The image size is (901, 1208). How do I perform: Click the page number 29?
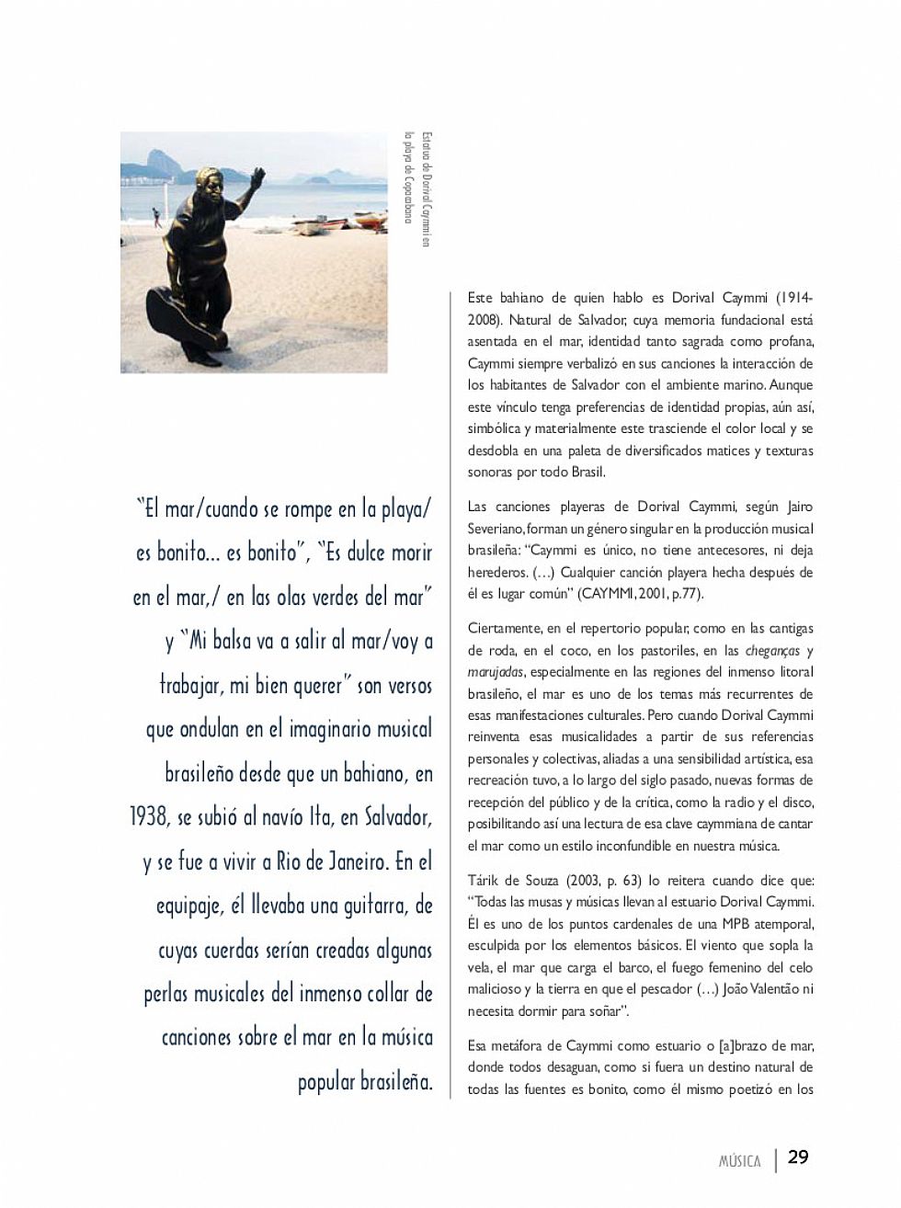pyautogui.click(x=798, y=1157)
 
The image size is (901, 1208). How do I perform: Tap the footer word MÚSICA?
pyautogui.click(x=739, y=1161)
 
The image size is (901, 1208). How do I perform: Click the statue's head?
pyautogui.click(x=212, y=183)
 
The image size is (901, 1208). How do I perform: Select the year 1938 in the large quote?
pyautogui.click(x=151, y=817)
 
